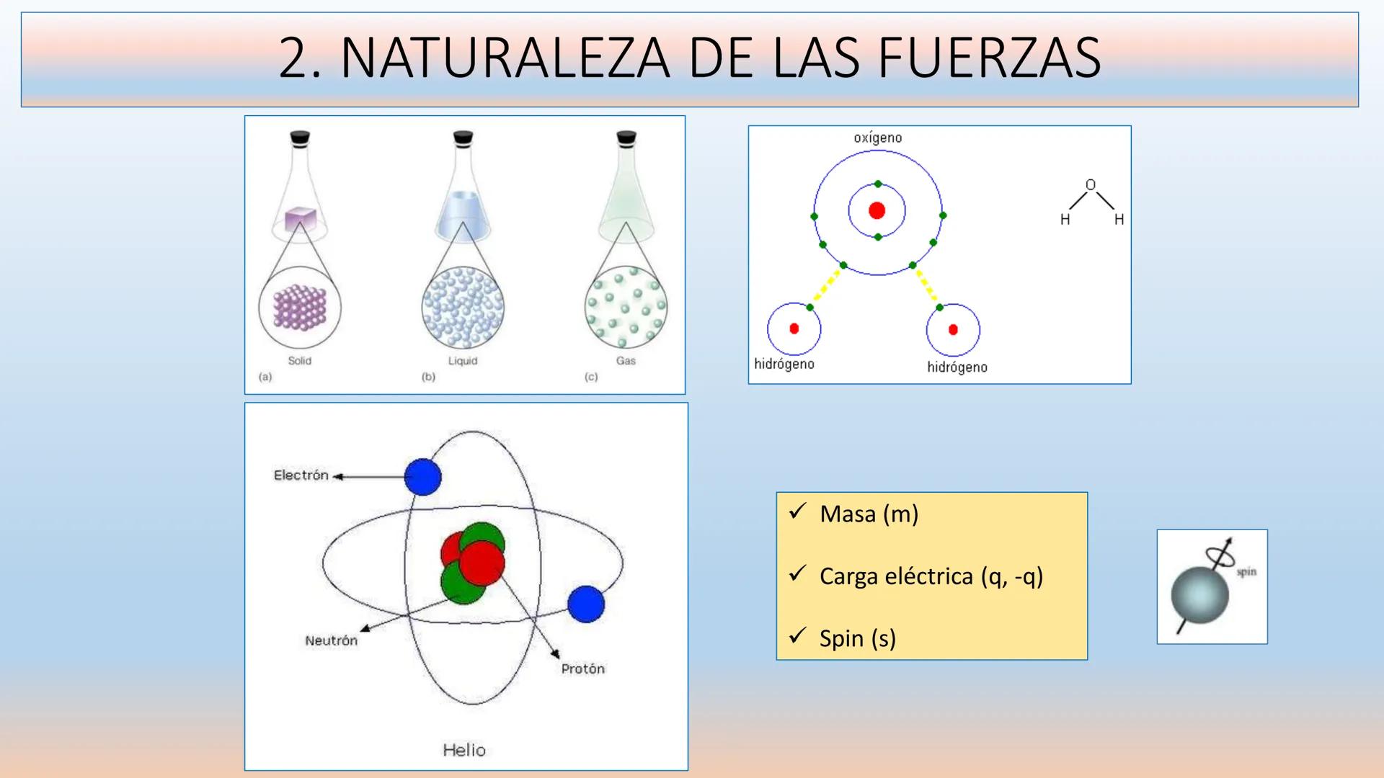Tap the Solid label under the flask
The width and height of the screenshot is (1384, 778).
(300, 360)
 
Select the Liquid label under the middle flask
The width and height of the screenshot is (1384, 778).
(463, 360)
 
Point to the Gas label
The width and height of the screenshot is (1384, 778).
(626, 360)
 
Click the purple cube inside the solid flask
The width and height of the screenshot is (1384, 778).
(300, 219)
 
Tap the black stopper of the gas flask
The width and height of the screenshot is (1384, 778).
(626, 137)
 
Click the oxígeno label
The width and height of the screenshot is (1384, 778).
(877, 138)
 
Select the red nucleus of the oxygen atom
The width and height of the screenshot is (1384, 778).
(877, 210)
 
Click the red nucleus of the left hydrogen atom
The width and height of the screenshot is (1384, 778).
(794, 328)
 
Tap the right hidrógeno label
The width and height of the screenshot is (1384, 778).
(957, 367)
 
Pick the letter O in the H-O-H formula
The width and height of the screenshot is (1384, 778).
(1091, 185)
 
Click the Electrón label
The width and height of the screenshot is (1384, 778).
(301, 475)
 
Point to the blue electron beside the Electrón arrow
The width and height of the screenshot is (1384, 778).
(423, 477)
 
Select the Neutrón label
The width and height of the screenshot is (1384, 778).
(331, 640)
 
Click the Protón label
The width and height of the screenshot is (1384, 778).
(583, 669)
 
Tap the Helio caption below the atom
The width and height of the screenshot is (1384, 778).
(464, 750)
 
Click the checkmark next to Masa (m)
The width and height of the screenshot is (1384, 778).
(797, 512)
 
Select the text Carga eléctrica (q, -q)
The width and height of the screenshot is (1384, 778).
(931, 576)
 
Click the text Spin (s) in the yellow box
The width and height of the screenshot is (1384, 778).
(858, 638)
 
